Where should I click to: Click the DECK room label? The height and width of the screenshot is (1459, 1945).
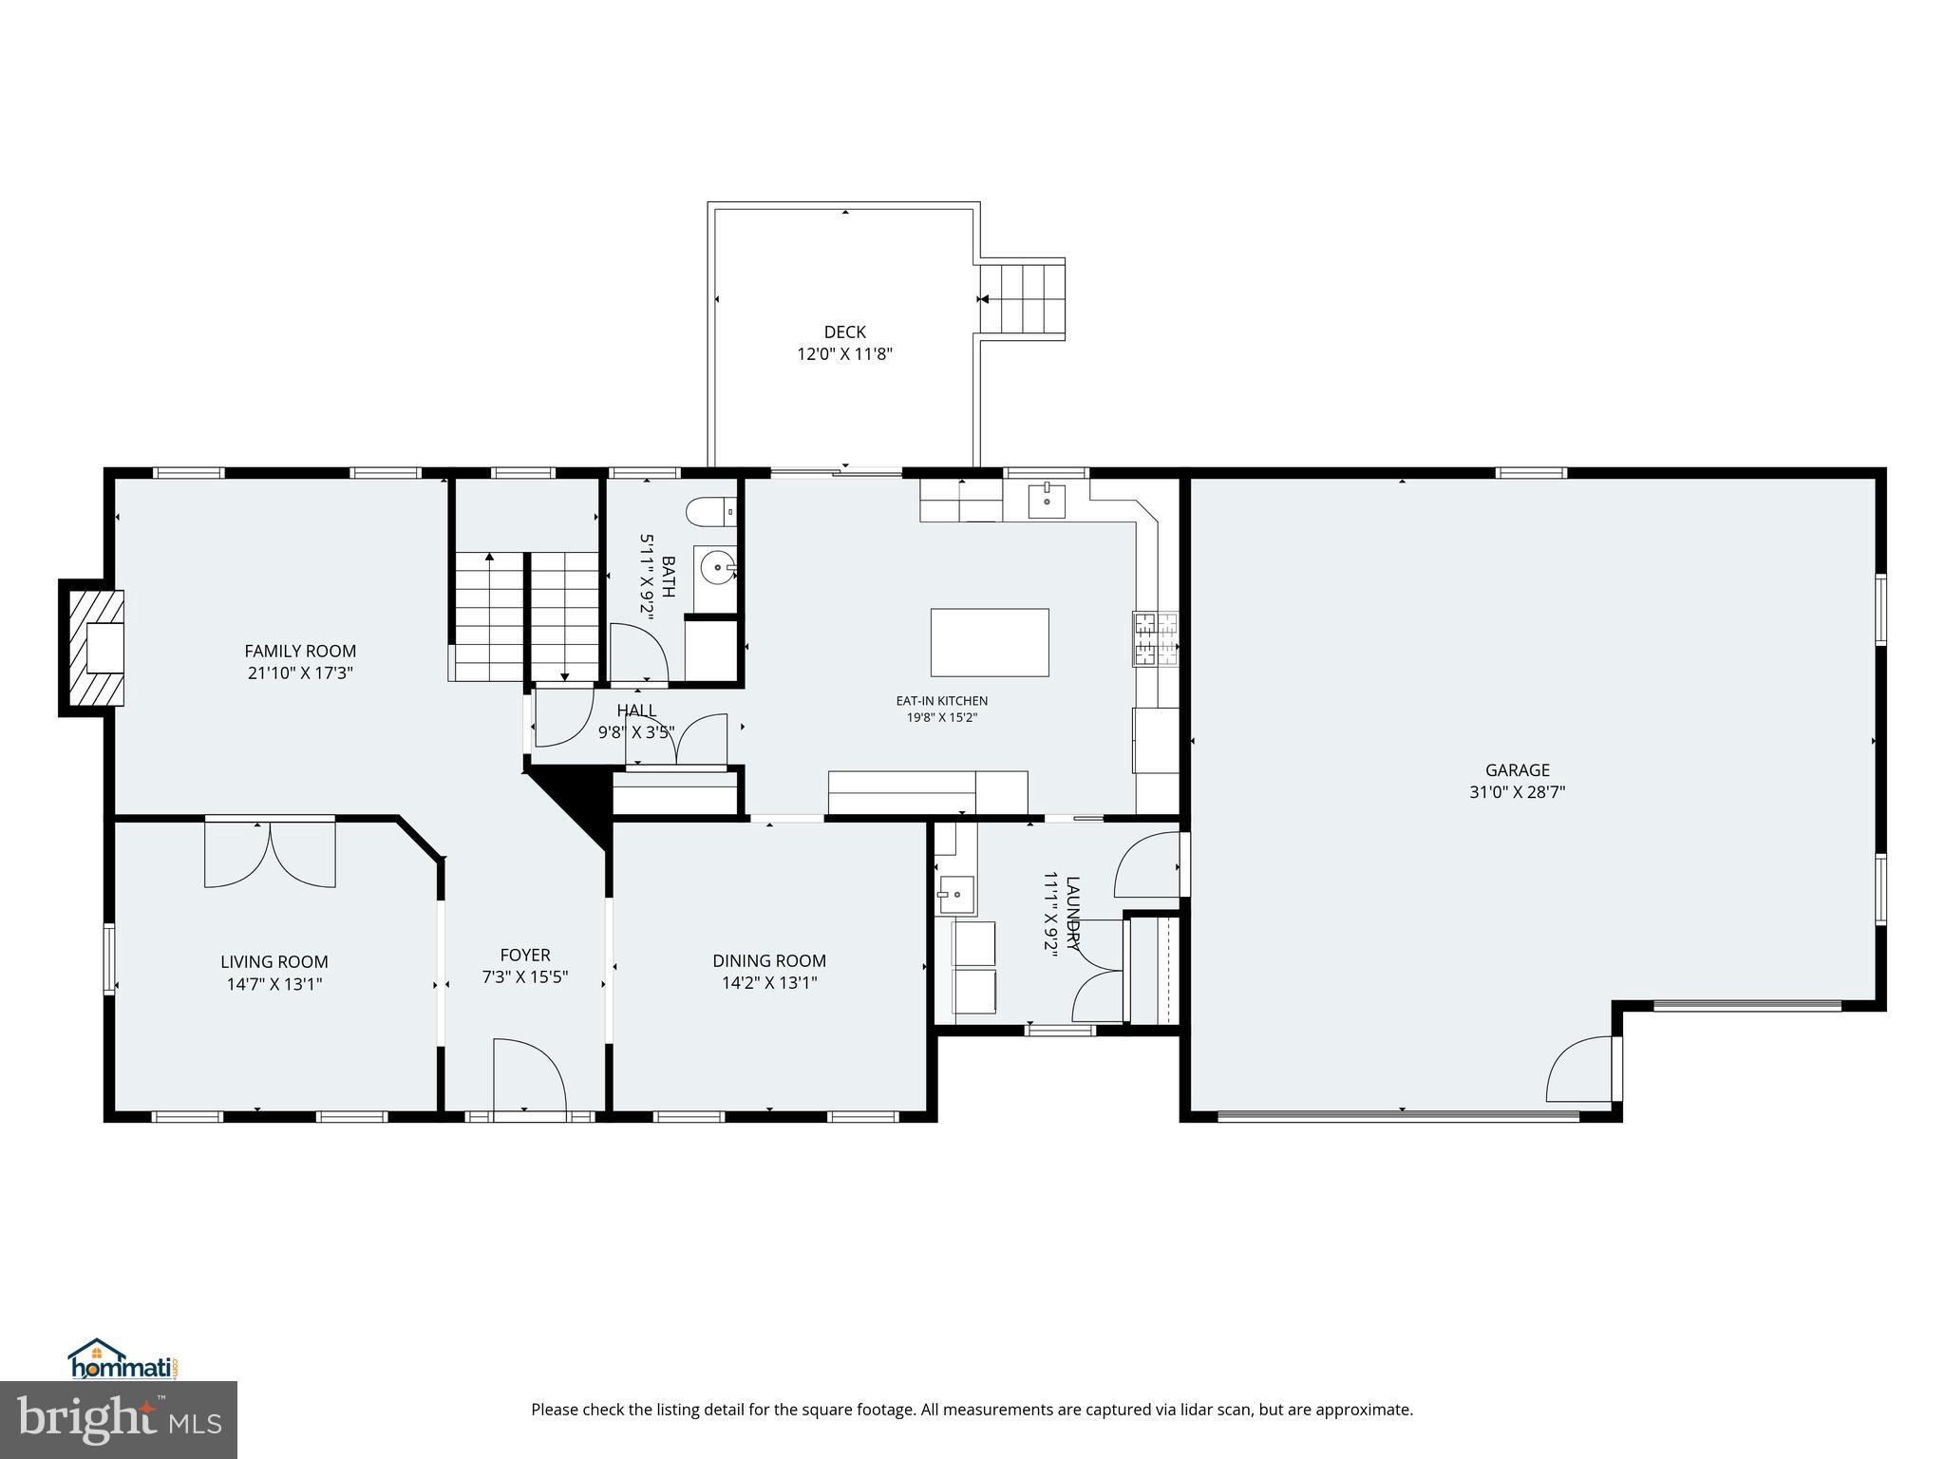click(844, 332)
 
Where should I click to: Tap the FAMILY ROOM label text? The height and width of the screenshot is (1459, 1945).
click(300, 651)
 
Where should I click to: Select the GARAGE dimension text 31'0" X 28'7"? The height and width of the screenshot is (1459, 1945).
click(1517, 791)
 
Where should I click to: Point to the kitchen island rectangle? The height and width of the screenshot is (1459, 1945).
click(990, 642)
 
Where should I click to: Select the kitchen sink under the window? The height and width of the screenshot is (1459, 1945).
click(1047, 499)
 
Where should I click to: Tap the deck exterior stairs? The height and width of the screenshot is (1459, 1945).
click(1022, 298)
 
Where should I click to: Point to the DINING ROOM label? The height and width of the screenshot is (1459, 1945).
click(769, 960)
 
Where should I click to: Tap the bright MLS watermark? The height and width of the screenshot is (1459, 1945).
click(119, 1420)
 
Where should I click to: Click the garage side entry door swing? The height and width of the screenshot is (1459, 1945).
click(1581, 1068)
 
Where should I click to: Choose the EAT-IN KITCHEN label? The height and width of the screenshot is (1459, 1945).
click(941, 701)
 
